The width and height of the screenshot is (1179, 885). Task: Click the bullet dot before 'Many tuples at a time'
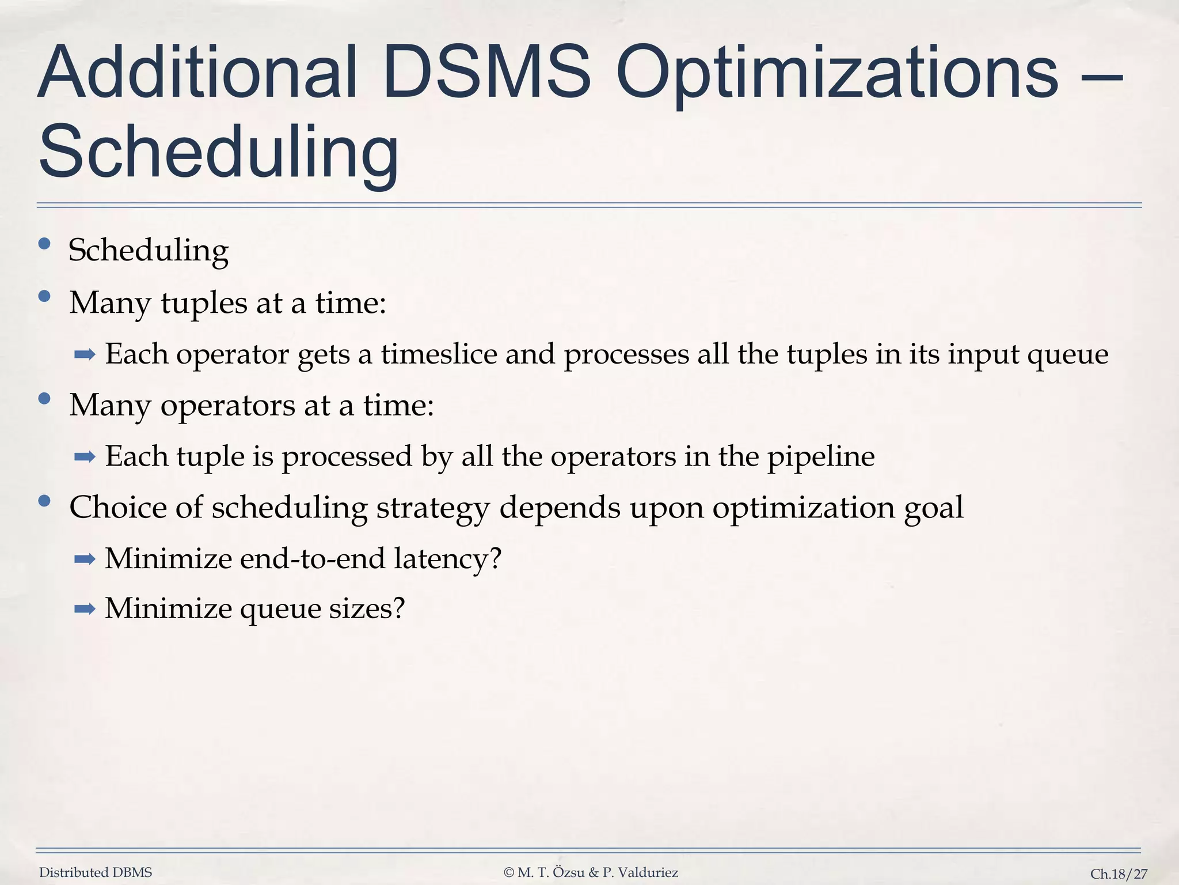click(x=44, y=297)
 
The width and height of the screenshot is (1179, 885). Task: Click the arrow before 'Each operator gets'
click(x=85, y=355)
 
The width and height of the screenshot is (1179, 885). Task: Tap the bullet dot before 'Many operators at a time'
click(x=44, y=399)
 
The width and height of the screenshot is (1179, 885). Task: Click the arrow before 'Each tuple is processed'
click(x=85, y=457)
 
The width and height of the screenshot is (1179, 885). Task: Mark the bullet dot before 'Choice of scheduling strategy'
click(x=44, y=501)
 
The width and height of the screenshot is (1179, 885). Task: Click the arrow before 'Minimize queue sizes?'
click(x=85, y=608)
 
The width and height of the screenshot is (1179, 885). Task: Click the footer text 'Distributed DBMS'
click(x=96, y=873)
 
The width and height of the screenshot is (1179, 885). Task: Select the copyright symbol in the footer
click(x=509, y=873)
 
